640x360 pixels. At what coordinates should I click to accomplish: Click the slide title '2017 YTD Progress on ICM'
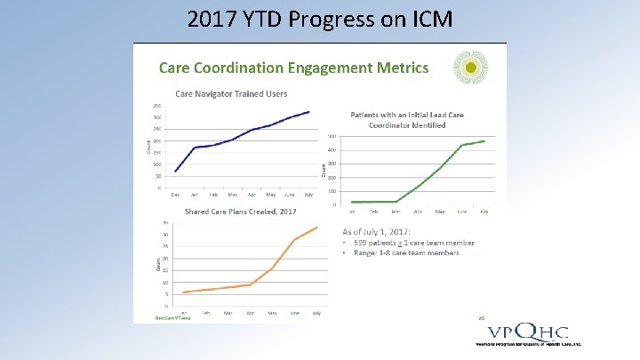tap(319, 19)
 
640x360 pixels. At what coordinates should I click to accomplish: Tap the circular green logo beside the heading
tap(471, 68)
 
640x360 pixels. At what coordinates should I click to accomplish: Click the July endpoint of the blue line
tap(308, 112)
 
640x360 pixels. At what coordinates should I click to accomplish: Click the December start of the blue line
tap(176, 171)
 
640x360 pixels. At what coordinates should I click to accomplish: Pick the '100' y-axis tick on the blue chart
tap(156, 164)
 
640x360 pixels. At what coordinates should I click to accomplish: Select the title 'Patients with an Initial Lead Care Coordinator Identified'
tap(407, 119)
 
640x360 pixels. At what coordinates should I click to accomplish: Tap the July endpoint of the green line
tap(484, 140)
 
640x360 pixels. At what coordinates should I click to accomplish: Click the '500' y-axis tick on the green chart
tap(332, 136)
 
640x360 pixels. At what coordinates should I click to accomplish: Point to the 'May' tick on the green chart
tap(440, 211)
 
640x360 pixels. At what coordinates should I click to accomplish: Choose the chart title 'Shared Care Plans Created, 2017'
tap(240, 212)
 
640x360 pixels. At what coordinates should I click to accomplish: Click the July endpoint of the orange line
tap(317, 228)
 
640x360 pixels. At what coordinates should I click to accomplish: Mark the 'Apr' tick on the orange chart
tap(251, 312)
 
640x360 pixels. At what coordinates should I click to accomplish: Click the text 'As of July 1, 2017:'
tap(384, 231)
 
